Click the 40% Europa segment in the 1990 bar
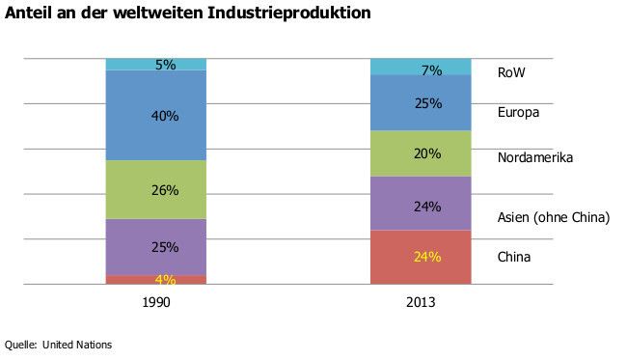[x=156, y=115]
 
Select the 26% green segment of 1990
[x=156, y=189]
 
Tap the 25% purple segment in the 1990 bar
[x=156, y=246]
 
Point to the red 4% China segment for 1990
[x=156, y=280]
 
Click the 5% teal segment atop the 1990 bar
[x=156, y=64]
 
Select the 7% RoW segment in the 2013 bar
[x=421, y=67]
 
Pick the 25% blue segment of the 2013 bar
[x=421, y=102]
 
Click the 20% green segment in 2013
[x=421, y=153]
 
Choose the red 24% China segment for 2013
[x=421, y=257]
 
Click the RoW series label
[x=511, y=72]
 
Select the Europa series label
[x=518, y=113]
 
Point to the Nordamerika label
[x=535, y=157]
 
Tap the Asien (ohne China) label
[x=553, y=217]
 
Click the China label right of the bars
[x=514, y=257]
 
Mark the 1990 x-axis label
[x=156, y=302]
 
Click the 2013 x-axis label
[x=421, y=302]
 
